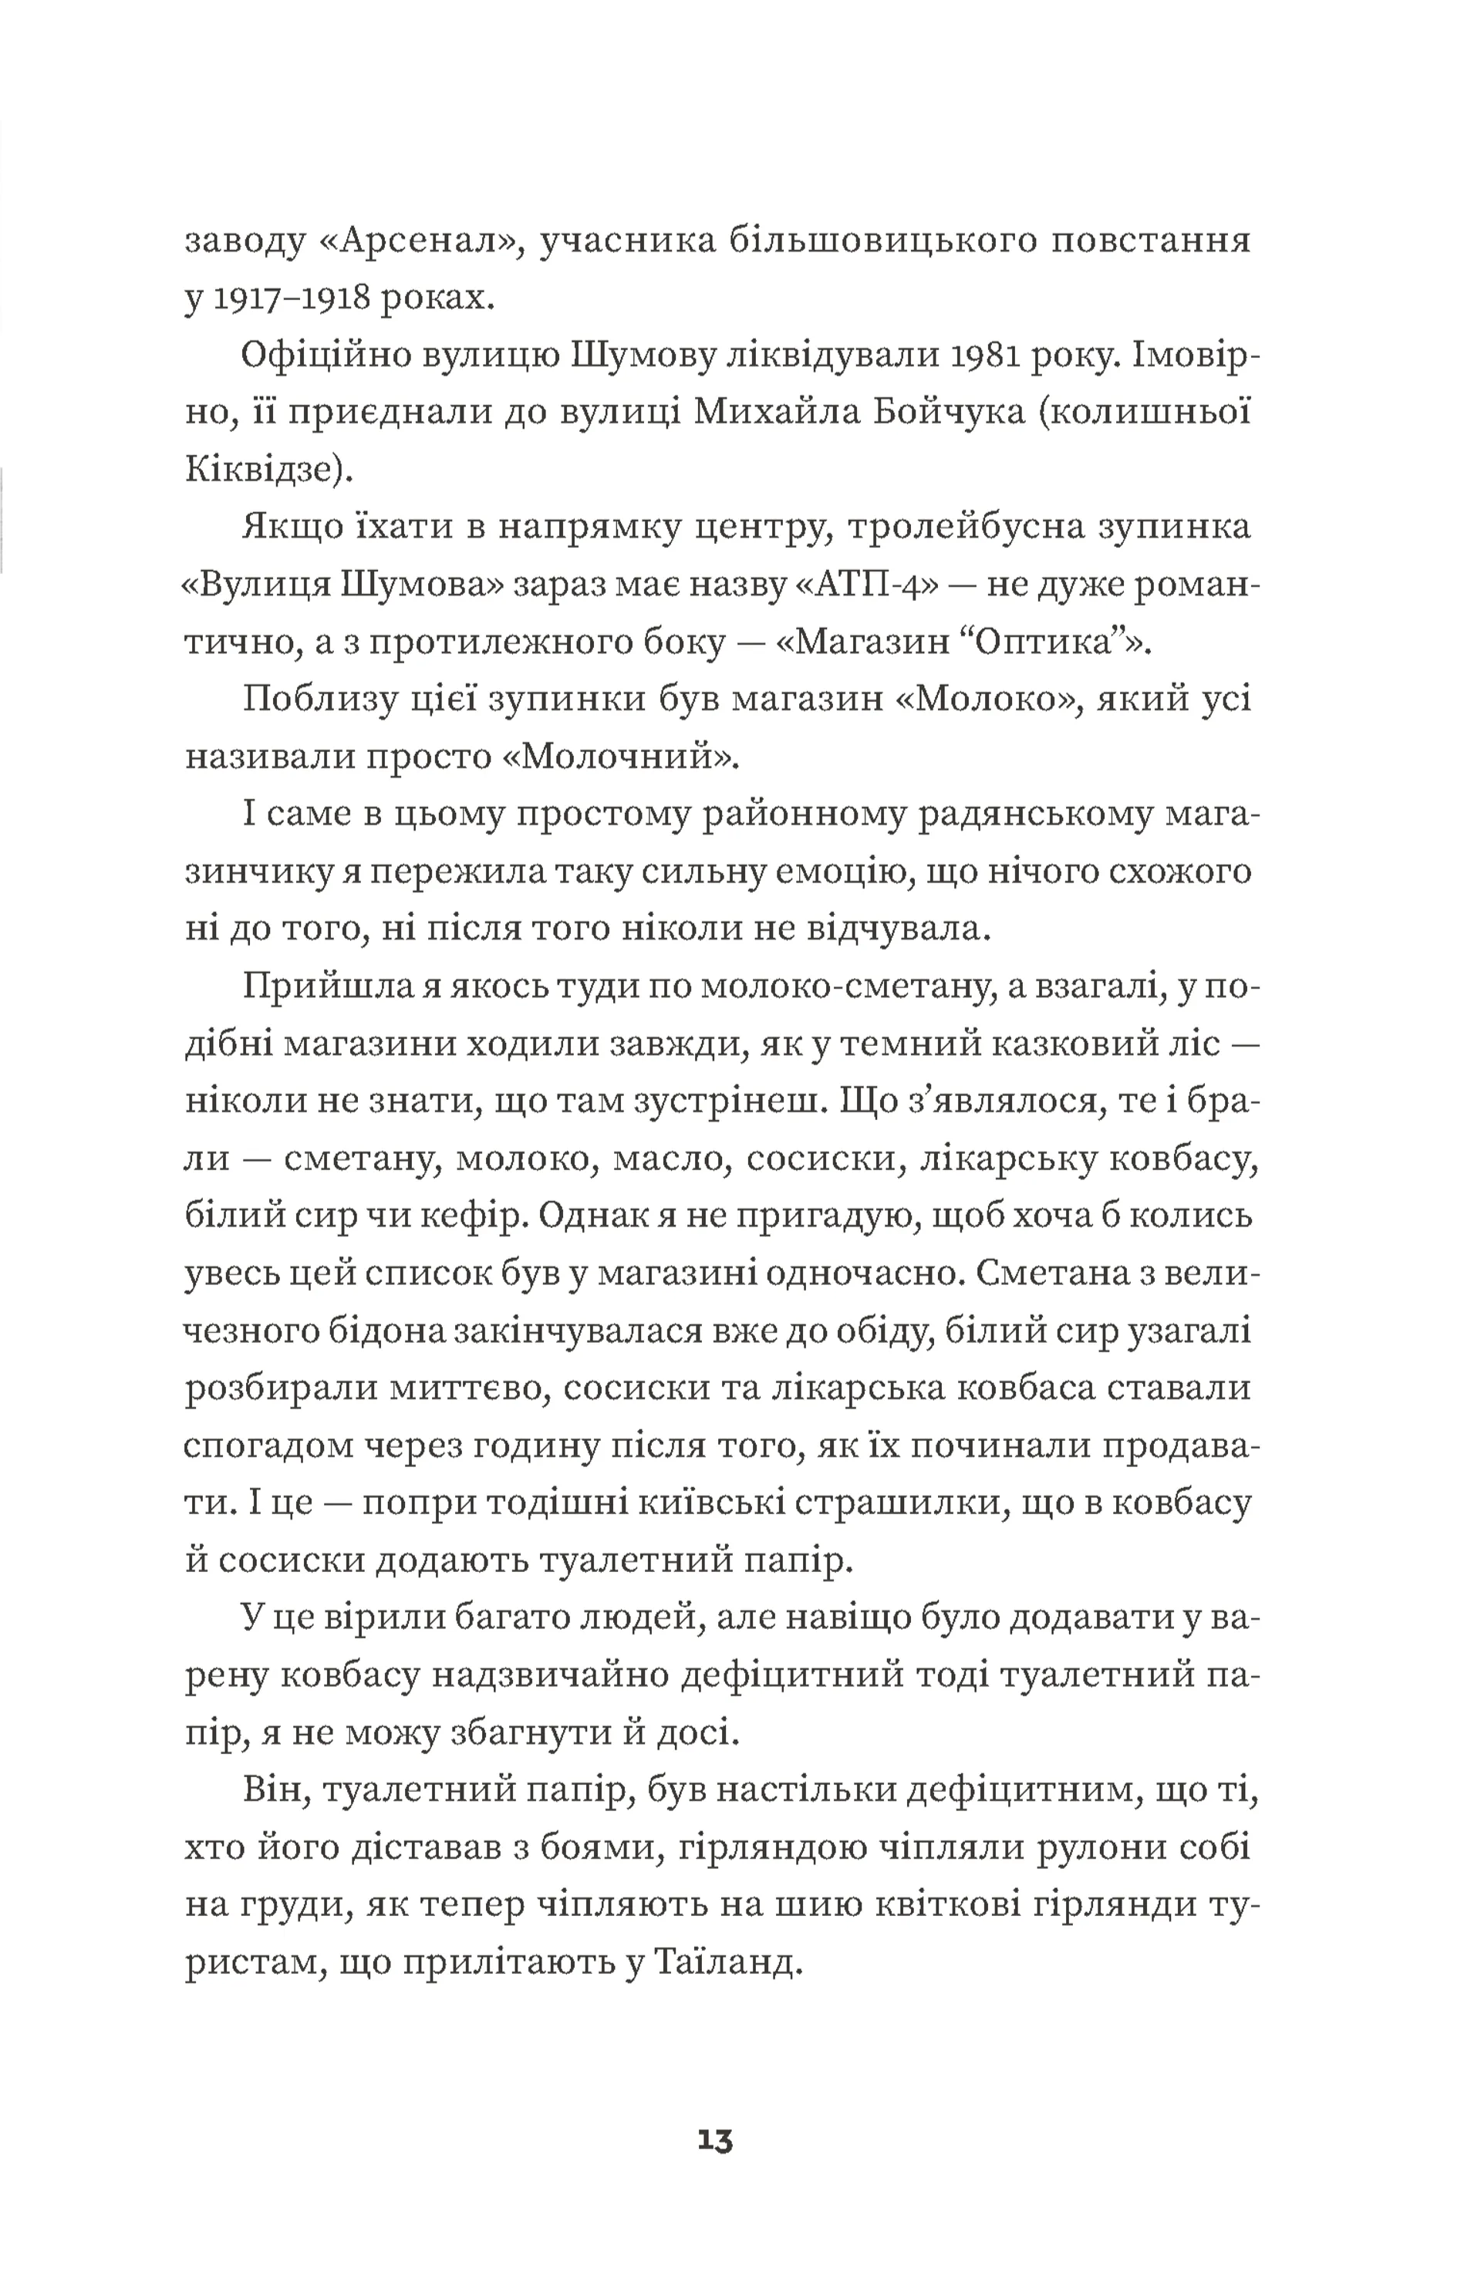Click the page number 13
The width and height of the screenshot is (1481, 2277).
click(x=715, y=2140)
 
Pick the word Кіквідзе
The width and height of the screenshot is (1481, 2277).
click(x=258, y=471)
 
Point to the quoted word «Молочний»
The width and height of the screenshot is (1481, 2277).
click(x=621, y=757)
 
